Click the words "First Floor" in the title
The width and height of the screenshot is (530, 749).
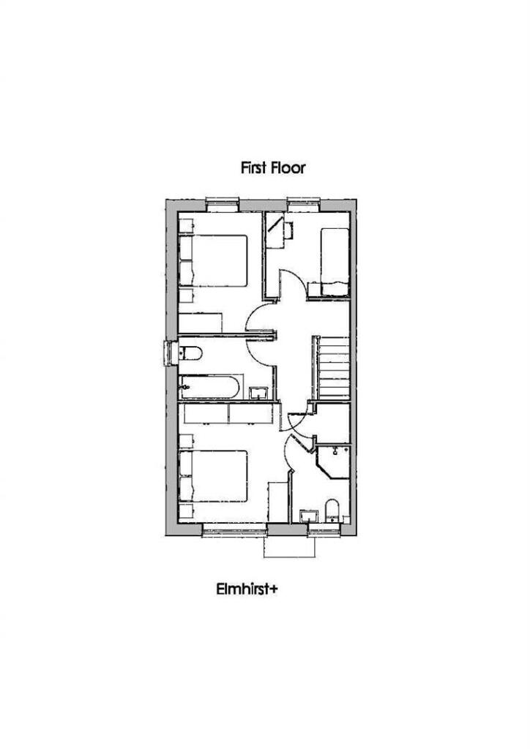coord(272,168)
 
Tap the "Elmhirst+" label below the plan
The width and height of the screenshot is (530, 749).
coord(247,589)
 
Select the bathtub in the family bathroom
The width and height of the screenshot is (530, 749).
coord(209,386)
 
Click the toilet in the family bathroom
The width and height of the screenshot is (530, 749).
coord(190,353)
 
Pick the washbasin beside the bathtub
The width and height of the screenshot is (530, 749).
coord(258,394)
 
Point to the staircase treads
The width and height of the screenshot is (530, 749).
coord(332,368)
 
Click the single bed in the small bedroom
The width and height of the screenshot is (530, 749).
coord(335,262)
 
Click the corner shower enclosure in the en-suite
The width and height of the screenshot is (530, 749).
coord(334,462)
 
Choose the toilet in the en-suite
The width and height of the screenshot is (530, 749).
coord(332,510)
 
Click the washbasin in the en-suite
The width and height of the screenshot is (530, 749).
coord(309,516)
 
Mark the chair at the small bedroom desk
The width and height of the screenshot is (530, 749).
coord(288,229)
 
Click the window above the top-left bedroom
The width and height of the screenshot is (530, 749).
coord(223,205)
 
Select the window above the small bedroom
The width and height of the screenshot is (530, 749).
coord(304,205)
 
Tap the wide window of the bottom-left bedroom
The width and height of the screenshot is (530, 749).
coord(234,530)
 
